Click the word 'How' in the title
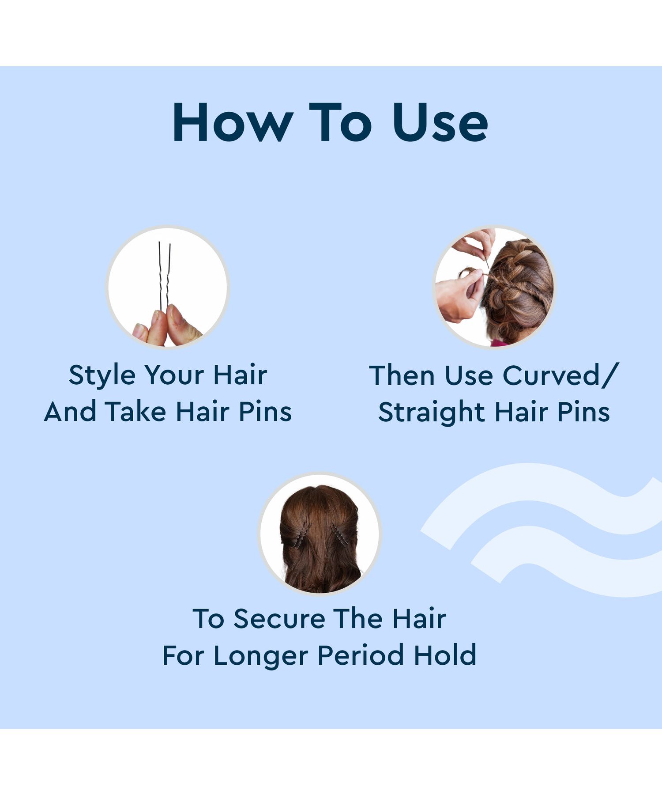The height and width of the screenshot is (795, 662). click(233, 122)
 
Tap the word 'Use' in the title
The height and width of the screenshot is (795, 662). click(440, 122)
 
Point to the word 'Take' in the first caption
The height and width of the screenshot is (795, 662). click(135, 412)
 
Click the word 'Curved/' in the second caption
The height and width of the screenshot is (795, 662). click(561, 376)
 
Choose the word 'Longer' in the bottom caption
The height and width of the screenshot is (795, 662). click(261, 655)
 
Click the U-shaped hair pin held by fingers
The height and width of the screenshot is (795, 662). click(164, 276)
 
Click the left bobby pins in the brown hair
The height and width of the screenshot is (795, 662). click(300, 534)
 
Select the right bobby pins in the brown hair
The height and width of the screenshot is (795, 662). click(339, 535)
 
